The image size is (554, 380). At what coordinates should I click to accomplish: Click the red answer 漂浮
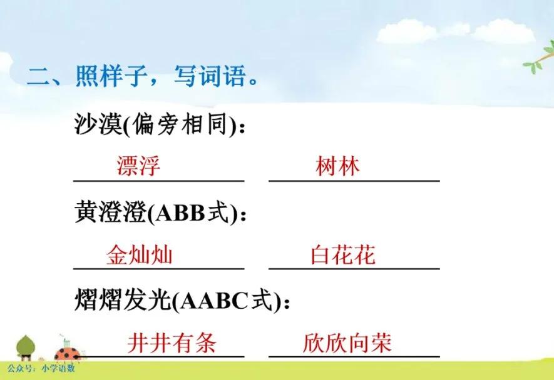tap(138, 166)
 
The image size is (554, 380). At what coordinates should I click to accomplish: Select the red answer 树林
tap(338, 166)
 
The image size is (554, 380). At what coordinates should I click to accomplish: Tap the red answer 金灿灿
tap(139, 255)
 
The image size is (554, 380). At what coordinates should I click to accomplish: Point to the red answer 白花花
tap(343, 255)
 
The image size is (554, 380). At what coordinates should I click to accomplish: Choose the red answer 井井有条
tap(172, 343)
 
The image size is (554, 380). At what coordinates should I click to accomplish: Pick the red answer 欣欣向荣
tap(347, 343)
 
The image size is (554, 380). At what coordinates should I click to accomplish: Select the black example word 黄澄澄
tap(109, 213)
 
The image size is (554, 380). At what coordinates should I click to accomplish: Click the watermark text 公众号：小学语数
tap(41, 369)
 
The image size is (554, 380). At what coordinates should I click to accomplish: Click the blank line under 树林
tap(354, 181)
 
